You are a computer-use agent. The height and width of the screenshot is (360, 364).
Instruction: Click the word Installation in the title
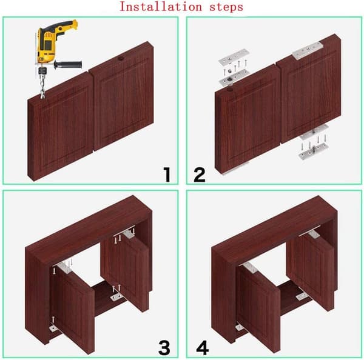[x=160, y=7]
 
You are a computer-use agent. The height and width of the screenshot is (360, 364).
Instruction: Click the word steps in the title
[x=226, y=7]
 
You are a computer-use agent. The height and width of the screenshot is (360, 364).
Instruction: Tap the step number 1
[x=167, y=175]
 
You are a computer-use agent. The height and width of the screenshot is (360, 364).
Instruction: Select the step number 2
[x=200, y=175]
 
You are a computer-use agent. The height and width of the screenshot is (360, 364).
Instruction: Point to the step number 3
[x=164, y=347]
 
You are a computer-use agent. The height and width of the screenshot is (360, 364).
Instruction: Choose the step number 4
[x=203, y=347]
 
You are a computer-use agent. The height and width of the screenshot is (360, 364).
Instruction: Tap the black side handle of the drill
[x=68, y=65]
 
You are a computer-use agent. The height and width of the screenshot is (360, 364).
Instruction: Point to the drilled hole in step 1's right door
[x=121, y=58]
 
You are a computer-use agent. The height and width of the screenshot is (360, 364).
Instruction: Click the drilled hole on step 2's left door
[x=230, y=89]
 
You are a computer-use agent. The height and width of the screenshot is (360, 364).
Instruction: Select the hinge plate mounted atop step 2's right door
[x=308, y=50]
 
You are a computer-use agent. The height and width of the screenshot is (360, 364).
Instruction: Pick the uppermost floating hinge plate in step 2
[x=234, y=56]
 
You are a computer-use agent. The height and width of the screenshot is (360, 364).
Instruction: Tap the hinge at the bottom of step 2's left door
[x=234, y=169]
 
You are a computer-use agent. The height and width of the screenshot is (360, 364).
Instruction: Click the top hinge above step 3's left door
[x=63, y=267]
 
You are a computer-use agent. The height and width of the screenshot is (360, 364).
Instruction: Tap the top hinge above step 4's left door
[x=250, y=267]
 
